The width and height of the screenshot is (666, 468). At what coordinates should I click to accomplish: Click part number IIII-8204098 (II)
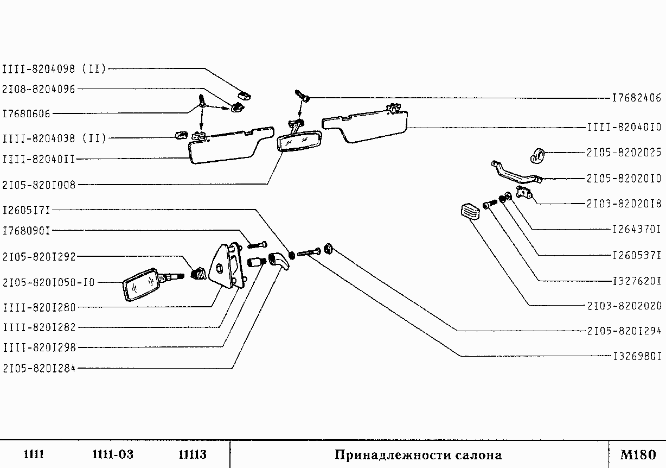pyautogui.click(x=55, y=69)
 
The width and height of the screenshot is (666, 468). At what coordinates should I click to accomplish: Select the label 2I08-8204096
pyautogui.click(x=39, y=89)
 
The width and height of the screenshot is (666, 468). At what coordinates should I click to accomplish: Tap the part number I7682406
pyautogui.click(x=636, y=98)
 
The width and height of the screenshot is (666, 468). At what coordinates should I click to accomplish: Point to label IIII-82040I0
pyautogui.click(x=624, y=128)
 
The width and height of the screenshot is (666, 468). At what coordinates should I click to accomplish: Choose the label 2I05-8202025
pyautogui.click(x=624, y=153)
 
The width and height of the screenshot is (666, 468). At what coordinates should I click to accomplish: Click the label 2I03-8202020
pyautogui.click(x=624, y=305)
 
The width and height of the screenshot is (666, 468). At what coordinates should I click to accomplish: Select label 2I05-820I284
pyautogui.click(x=39, y=368)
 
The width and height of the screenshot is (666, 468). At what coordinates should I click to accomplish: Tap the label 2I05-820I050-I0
pyautogui.click(x=49, y=282)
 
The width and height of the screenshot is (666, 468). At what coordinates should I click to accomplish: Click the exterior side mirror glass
pyautogui.click(x=139, y=284)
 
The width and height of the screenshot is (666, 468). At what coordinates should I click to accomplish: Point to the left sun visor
pyautogui.click(x=228, y=145)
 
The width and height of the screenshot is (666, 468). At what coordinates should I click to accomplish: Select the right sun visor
pyautogui.click(x=369, y=125)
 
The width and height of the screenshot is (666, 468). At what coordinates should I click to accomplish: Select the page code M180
pyautogui.click(x=638, y=454)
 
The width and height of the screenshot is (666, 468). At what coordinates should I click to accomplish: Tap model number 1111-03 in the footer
pyautogui.click(x=113, y=454)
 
